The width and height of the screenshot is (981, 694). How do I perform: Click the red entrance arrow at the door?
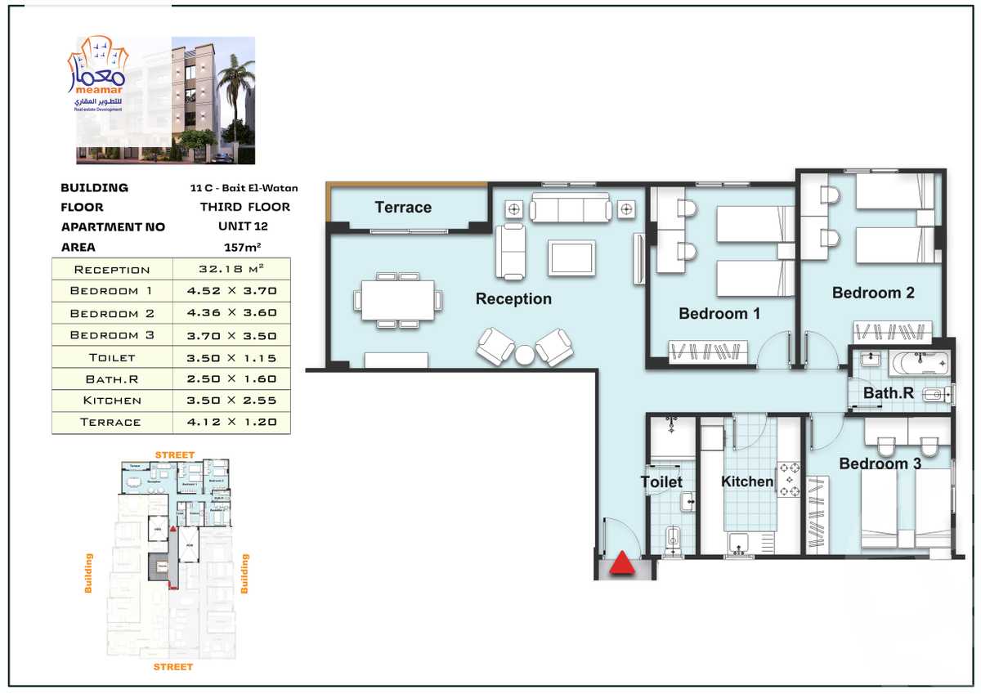click(623, 564)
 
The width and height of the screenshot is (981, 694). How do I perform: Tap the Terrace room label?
click(403, 208)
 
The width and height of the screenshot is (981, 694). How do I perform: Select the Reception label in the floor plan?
click(513, 299)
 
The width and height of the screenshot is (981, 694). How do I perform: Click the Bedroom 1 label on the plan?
click(719, 314)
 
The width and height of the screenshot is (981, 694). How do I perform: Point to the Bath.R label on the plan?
click(889, 394)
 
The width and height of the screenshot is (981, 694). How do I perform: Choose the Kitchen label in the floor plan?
click(747, 482)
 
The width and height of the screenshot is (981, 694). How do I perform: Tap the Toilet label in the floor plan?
click(661, 482)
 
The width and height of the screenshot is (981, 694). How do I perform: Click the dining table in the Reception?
click(398, 301)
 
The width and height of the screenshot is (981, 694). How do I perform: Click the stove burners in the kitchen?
click(791, 480)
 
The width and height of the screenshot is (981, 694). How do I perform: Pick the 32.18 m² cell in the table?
click(231, 269)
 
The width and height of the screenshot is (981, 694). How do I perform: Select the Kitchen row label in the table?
click(112, 401)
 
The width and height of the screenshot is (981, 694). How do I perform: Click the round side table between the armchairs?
click(525, 354)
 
